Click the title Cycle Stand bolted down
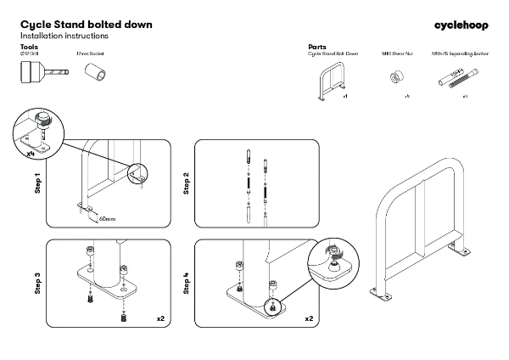[x=86, y=25]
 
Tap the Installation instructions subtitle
[x=64, y=37]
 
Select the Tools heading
[x=29, y=47]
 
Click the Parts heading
[x=317, y=47]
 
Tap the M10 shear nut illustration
[x=394, y=78]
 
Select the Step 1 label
[x=37, y=183]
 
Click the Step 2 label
[x=186, y=183]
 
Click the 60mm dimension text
[x=107, y=218]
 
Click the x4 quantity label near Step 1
[x=30, y=155]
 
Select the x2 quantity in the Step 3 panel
[x=160, y=318]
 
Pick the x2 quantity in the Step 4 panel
[x=309, y=318]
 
